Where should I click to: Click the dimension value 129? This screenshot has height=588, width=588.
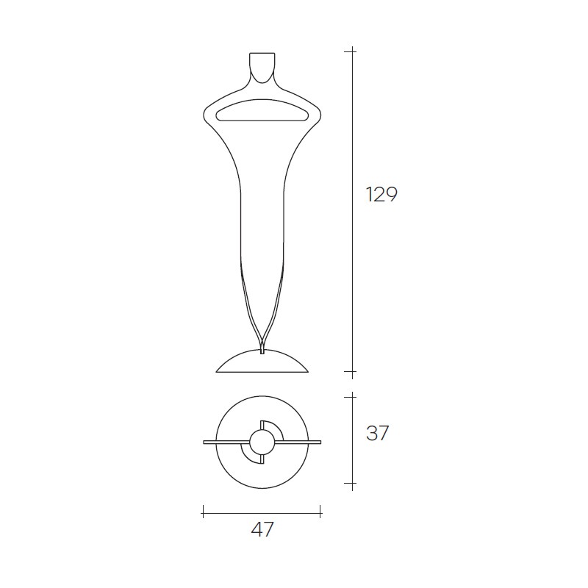[381, 194]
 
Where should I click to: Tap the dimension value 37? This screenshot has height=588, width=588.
[377, 433]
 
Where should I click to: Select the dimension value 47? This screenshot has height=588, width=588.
[262, 529]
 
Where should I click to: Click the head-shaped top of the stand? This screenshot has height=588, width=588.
[262, 68]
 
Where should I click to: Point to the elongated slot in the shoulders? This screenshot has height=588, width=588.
[262, 110]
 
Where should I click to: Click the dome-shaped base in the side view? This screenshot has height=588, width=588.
[262, 361]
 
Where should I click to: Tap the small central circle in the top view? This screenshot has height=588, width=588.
[262, 442]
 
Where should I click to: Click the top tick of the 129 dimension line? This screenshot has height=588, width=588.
[352, 51]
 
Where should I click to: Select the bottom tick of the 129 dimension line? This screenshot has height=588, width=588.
[352, 372]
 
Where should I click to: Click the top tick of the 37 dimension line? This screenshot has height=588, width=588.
[352, 396]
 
